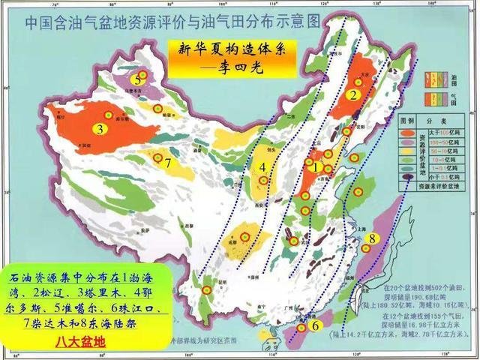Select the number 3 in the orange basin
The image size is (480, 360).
point(98,129)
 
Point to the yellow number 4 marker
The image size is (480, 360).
point(263,167)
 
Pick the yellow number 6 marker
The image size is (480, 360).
point(316,325)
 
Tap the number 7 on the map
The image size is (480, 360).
point(169,162)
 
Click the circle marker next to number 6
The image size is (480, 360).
point(301,328)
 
